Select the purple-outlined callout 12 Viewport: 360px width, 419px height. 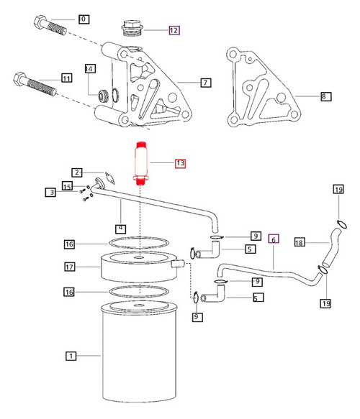click(x=174, y=30)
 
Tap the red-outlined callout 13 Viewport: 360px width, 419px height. click(x=179, y=164)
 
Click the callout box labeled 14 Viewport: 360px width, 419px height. click(x=89, y=69)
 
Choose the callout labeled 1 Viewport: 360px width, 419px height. click(x=71, y=355)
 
